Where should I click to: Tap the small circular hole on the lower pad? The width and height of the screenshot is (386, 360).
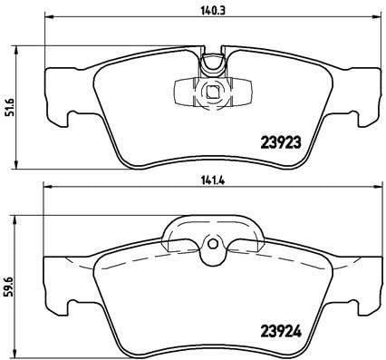click(x=214, y=242)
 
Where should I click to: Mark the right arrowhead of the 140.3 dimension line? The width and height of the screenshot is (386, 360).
click(x=378, y=17)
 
